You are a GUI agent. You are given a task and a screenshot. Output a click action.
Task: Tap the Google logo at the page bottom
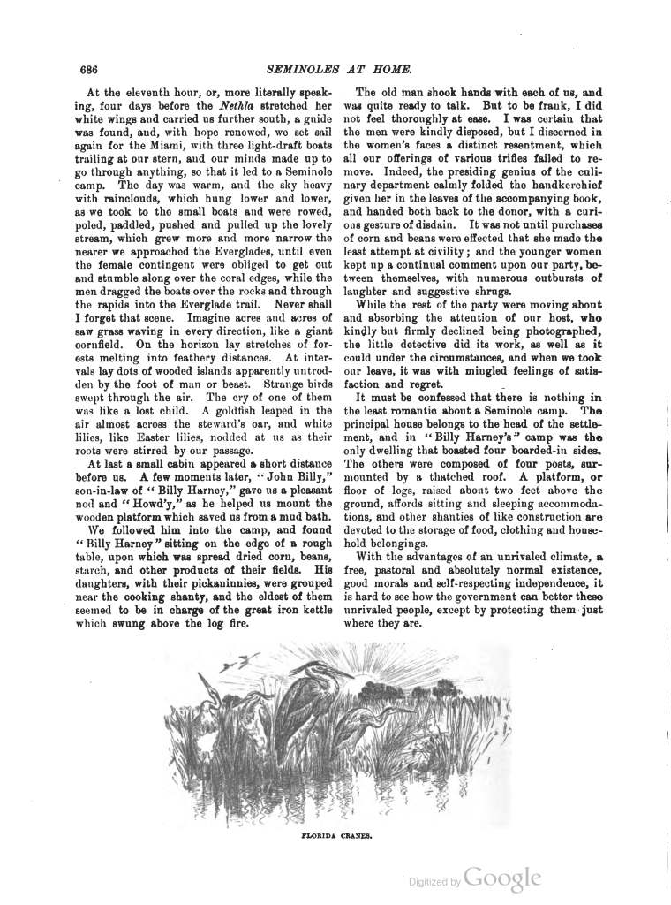[x=501, y=878]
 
